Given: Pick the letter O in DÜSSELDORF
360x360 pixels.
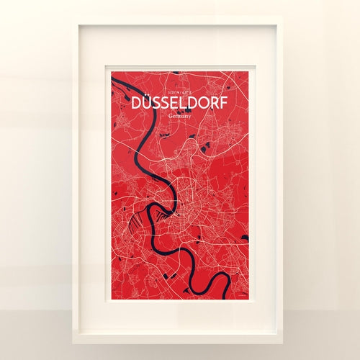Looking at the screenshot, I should tap(204, 103).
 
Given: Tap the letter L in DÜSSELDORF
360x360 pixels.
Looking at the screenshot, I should tap(181, 103).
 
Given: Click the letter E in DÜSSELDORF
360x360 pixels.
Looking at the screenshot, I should tap(172, 103).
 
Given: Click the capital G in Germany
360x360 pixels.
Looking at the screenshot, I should tap(168, 115).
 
